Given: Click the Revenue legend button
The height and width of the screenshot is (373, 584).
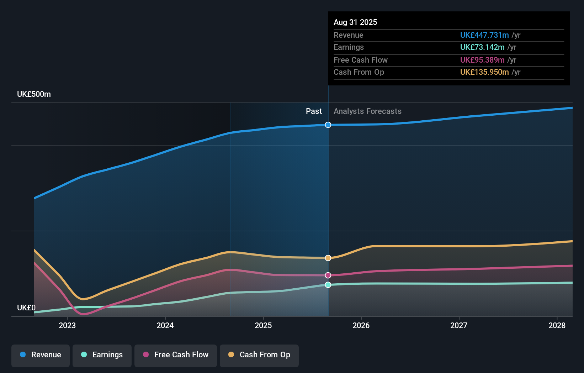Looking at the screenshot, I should coord(41,355).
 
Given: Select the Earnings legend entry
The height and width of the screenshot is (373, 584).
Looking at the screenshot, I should coord(102,355).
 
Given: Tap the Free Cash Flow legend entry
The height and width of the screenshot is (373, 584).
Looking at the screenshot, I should coord(176,355).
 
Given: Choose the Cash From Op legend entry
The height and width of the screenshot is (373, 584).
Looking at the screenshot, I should coord(259,355).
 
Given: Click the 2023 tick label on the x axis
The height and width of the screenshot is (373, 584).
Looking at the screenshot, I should coord(67,325).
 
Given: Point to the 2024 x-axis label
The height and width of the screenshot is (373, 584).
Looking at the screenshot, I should coord(165,325).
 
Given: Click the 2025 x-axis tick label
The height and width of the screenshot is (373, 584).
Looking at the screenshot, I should coord(263,325).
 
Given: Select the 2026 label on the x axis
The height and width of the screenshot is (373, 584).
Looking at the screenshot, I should coord(361,325).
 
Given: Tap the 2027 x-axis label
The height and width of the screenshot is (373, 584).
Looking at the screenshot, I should coord(459,325).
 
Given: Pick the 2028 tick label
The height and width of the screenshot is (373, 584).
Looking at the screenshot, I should coord(557,325).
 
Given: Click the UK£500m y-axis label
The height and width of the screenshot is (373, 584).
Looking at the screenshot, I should coord(34,94).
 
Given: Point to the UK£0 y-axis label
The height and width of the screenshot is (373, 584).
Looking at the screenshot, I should coord(26,308).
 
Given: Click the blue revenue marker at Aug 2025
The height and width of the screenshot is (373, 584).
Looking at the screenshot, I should coord(328,125).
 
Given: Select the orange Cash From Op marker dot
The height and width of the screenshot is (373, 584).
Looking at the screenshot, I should coord(328,258).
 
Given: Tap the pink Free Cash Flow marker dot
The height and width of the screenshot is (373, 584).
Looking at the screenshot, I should coord(328,275).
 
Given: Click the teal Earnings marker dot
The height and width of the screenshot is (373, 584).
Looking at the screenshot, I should coord(328,285).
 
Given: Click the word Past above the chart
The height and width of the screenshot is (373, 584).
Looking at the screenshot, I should coord(314,111).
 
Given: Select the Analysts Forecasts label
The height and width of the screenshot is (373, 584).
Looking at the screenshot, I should coord(367,111).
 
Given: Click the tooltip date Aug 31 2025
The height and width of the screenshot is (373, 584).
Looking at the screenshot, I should coord(355,22).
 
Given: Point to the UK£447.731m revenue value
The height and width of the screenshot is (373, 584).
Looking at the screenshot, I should coord(484,35).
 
